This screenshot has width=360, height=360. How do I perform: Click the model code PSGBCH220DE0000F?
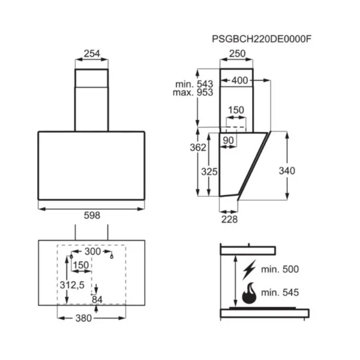tap(262, 39)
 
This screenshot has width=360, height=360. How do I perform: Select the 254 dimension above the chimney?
tap(92, 53)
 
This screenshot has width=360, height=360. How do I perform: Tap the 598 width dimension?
tap(92, 215)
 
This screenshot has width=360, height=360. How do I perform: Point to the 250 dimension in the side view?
tap(238, 53)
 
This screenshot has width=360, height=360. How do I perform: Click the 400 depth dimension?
tap(239, 80)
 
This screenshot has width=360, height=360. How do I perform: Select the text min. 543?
tap(194, 84)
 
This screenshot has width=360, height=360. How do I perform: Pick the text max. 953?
tap(193, 92)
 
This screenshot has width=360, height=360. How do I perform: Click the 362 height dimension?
tap(198, 148)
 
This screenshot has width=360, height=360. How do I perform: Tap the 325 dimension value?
tap(209, 172)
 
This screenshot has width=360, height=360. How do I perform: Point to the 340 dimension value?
tap(287, 171)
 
